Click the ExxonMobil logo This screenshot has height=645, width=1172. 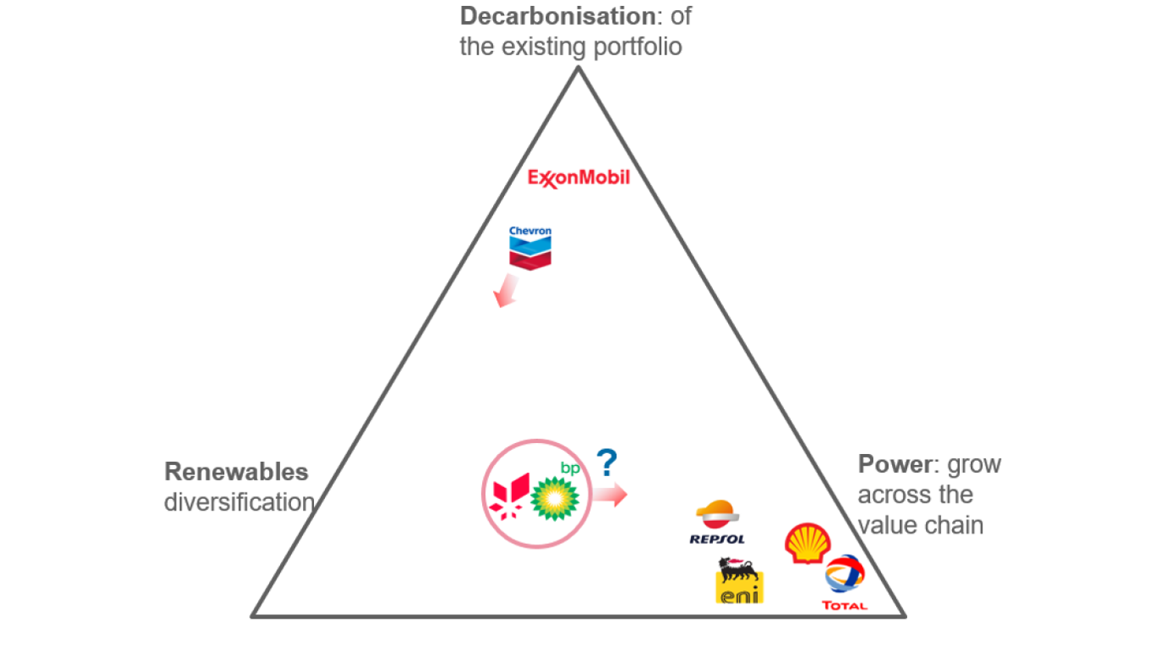579,178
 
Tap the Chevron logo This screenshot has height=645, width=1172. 530,247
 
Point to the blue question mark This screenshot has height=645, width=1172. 606,463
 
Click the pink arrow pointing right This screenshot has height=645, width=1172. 610,494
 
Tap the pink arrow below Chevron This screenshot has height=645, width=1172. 506,290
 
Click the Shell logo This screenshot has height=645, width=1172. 807,543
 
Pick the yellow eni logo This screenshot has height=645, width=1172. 739,581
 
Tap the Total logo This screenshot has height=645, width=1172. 844,582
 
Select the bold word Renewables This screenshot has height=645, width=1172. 236,472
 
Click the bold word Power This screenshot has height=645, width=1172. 894,465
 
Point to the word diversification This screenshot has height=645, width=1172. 238,502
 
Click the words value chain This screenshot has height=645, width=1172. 921,525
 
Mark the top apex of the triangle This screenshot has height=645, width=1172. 579,68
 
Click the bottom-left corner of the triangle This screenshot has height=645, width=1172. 254,615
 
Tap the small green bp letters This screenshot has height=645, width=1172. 567,467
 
